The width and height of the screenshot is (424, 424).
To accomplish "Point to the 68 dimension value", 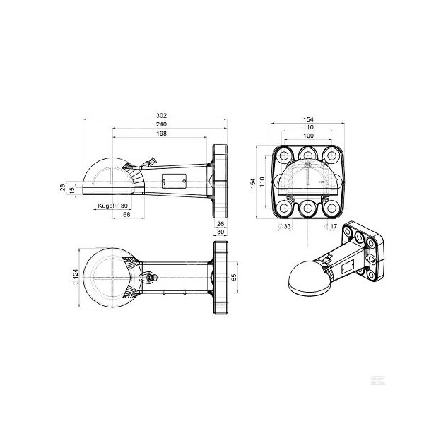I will tap(126, 214).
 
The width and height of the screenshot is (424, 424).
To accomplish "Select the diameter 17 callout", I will tap(332, 227).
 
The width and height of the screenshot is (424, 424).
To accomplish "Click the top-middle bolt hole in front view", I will tap(307, 155).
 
